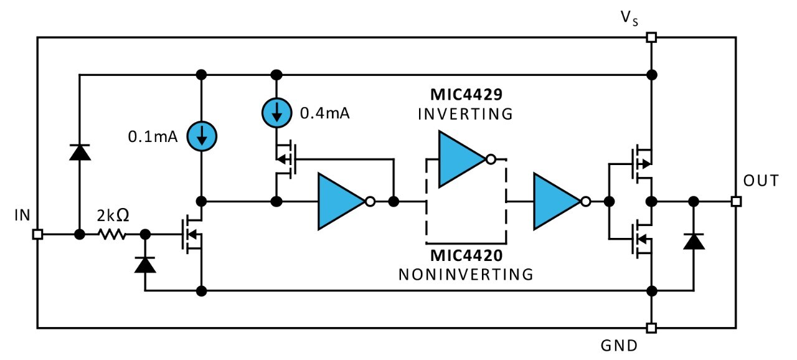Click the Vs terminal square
tap(651, 37)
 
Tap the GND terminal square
tap(651, 328)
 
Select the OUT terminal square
tap(736, 201)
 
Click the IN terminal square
tap(37, 235)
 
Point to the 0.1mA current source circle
tap(201, 136)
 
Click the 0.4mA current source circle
tap(276, 113)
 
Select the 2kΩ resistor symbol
tap(112, 235)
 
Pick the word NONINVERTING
tap(465, 274)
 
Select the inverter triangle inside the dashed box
tap(462, 159)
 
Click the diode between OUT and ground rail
tap(694, 240)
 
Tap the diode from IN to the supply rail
tap(80, 152)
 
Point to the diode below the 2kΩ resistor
tap(145, 265)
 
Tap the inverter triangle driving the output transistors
tap(557, 201)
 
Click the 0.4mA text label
tap(325, 114)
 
